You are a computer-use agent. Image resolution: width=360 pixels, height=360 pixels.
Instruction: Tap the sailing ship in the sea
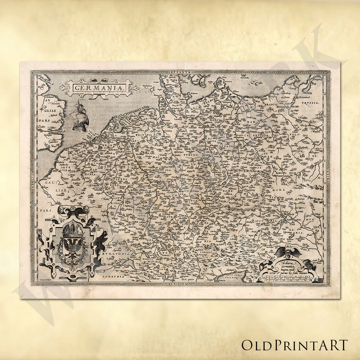[79, 116]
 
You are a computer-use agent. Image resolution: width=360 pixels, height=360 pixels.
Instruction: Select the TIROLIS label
[205, 252]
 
